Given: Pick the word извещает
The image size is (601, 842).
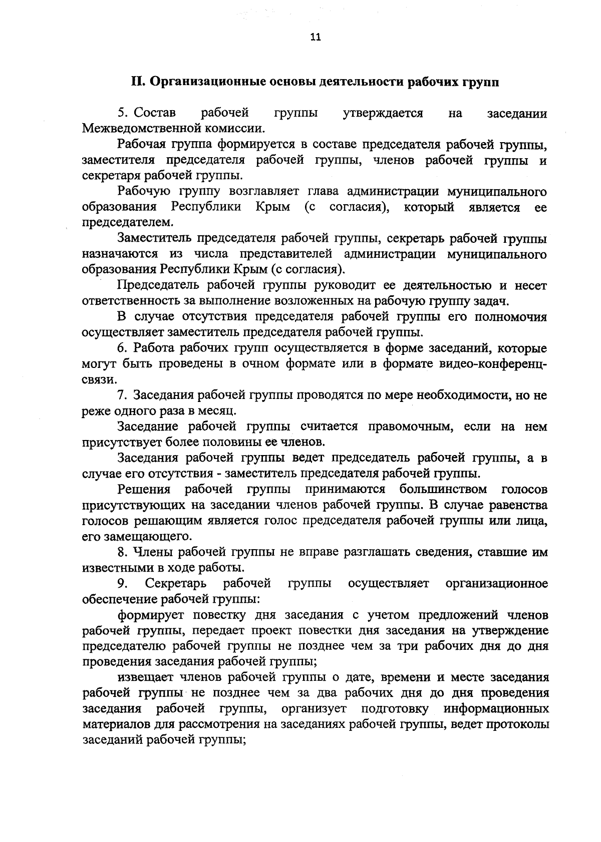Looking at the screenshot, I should (x=145, y=677).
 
